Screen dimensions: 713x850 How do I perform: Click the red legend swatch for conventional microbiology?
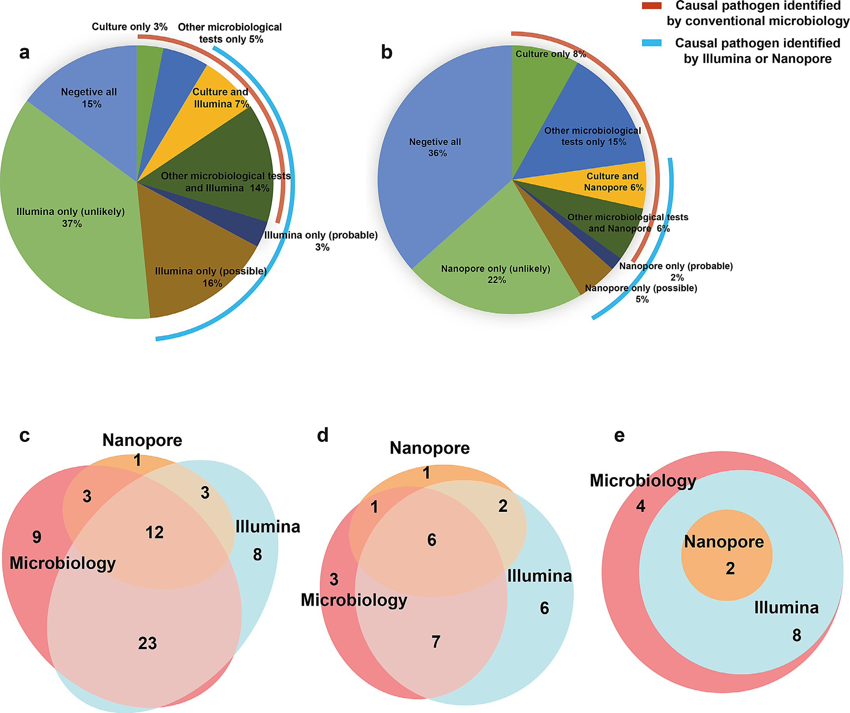click(x=651, y=6)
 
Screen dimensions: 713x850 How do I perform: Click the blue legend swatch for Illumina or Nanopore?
click(x=651, y=43)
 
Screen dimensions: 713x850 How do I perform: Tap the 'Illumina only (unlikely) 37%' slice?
click(x=71, y=219)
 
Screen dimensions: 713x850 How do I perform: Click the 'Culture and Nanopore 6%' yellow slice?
click(x=613, y=182)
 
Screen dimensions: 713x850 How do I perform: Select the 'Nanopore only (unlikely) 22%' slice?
click(x=496, y=275)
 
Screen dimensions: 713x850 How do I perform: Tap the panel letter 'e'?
click(x=619, y=436)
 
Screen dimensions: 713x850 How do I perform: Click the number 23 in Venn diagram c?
click(x=147, y=643)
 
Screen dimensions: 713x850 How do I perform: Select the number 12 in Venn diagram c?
click(x=155, y=532)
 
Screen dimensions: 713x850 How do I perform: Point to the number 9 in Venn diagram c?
click(x=37, y=537)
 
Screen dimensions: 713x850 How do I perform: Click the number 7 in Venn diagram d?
click(x=436, y=641)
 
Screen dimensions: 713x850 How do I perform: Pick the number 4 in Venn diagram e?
click(x=640, y=506)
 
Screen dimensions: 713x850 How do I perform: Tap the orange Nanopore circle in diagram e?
click(x=727, y=583)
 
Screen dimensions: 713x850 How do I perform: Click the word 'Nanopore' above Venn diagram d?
click(x=429, y=448)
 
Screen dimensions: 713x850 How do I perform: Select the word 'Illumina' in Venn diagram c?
click(x=268, y=526)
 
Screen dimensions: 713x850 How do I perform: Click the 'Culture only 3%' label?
click(x=130, y=27)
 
